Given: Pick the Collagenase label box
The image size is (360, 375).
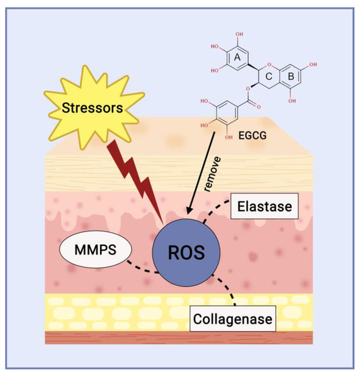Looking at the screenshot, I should point(232,321).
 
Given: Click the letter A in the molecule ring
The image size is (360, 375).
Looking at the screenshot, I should point(236,58).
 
